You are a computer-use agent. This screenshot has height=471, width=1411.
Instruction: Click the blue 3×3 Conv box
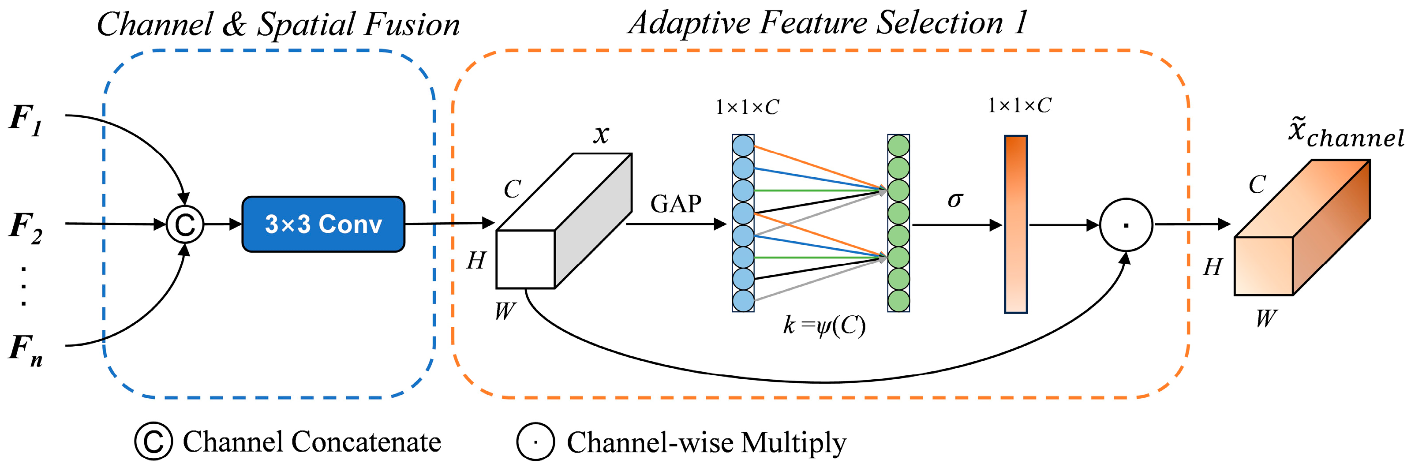(323, 224)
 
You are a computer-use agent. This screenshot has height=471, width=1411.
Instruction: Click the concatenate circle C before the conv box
(185, 224)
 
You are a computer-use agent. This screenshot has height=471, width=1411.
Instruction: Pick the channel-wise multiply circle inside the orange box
(1126, 225)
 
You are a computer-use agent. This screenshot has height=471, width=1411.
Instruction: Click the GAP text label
(675, 204)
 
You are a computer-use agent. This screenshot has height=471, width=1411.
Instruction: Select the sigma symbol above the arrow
(955, 200)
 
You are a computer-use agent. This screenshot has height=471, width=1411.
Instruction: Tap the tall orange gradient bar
(1015, 224)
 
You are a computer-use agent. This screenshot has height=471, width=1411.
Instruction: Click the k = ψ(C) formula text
(824, 326)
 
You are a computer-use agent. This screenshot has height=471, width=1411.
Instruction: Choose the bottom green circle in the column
(898, 301)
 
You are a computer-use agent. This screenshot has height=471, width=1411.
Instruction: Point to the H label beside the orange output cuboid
(1213, 267)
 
